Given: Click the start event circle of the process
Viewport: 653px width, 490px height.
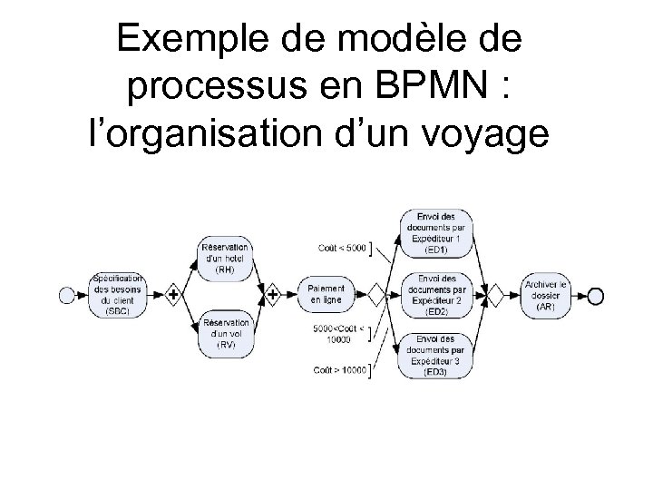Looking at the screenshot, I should (65, 294).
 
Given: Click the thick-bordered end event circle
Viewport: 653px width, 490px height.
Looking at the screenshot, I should (595, 295).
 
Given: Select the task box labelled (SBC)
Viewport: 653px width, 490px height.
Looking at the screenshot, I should (117, 294).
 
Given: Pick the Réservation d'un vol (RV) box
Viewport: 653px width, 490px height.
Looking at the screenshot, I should (225, 333).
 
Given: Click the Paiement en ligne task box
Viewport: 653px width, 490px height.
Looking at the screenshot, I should (326, 294).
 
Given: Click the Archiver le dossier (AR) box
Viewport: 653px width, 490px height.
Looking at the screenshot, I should (546, 295).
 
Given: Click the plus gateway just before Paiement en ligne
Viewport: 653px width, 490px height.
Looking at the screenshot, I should (273, 294).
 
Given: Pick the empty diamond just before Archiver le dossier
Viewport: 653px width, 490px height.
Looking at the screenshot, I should (494, 295).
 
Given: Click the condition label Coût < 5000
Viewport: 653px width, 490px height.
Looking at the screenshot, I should (343, 248).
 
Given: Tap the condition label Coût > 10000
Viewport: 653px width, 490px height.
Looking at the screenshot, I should (340, 369).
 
